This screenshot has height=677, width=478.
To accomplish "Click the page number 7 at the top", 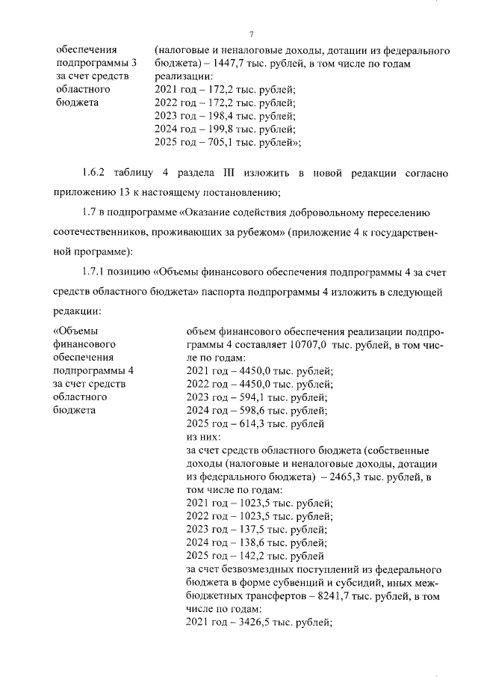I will tap(252, 35).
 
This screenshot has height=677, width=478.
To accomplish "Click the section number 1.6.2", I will tap(96, 174).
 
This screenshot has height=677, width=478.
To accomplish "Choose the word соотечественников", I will tap(102, 232).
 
